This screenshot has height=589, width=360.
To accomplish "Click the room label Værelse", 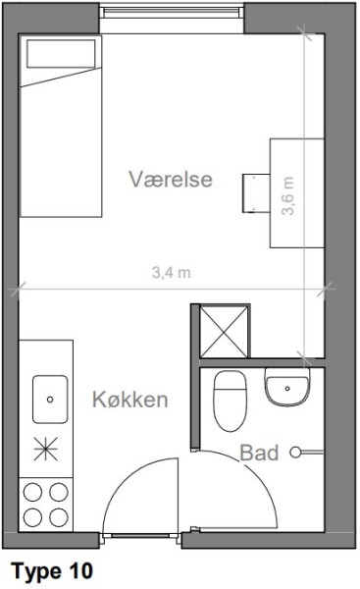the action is [x=171, y=180].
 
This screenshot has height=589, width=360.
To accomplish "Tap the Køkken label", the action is [x=130, y=399].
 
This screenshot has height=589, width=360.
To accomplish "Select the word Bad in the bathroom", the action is [x=259, y=453].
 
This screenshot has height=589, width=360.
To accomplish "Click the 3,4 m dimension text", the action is [x=172, y=272].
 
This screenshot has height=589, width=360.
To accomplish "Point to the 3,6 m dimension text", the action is [x=288, y=195].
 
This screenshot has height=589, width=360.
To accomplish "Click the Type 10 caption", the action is [x=52, y=571].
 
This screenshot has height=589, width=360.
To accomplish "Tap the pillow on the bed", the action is [x=61, y=53].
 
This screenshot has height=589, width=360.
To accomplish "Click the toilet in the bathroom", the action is [x=231, y=401].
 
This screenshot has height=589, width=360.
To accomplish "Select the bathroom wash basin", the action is [x=287, y=387].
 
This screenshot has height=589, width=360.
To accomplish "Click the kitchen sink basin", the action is [x=50, y=400].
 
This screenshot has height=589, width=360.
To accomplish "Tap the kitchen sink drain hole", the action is [x=50, y=400].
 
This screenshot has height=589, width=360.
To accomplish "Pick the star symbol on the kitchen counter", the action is [x=45, y=449].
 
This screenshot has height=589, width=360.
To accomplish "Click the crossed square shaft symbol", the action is [x=224, y=332].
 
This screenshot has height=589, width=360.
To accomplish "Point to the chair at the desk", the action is [x=256, y=193].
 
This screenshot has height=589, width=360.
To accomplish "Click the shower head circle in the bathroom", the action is [x=295, y=452].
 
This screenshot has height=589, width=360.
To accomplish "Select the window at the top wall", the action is [x=172, y=13].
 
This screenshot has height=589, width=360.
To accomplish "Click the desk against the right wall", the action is [x=297, y=193].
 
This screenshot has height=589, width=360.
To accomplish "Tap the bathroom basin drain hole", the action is [x=287, y=389].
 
